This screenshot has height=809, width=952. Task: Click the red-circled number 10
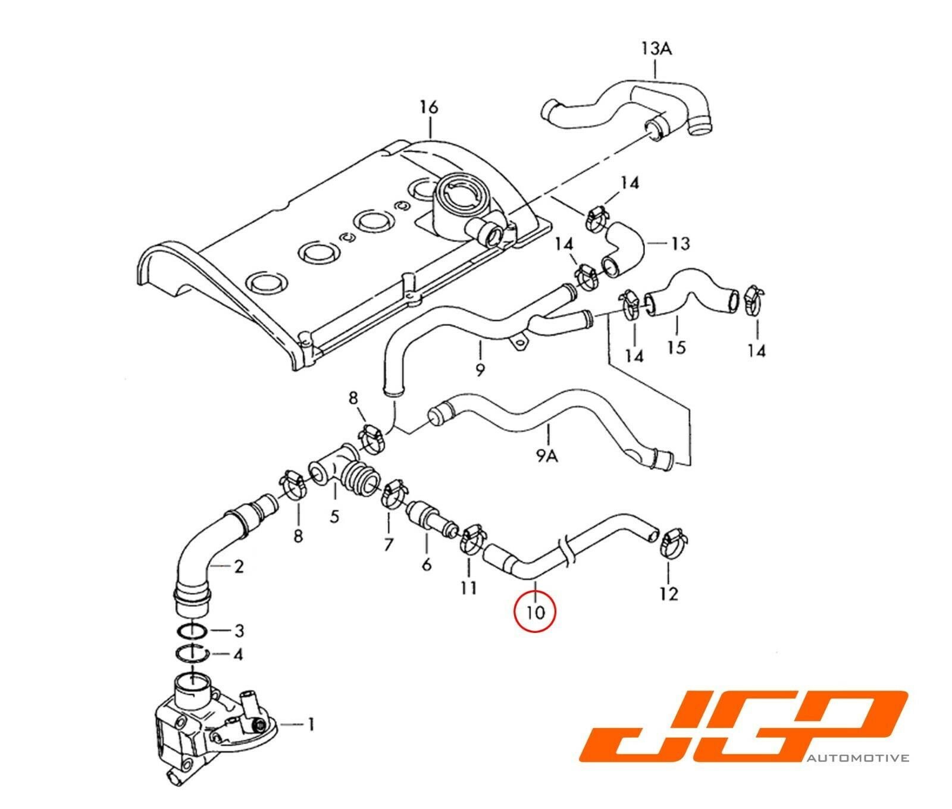tap(535, 610)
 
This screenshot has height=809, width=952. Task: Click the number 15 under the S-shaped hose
tap(677, 347)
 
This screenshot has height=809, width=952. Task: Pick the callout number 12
tap(669, 593)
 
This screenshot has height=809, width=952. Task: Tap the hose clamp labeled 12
tap(671, 543)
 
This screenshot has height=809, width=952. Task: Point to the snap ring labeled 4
tap(192, 656)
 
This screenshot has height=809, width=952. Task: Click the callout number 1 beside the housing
tap(310, 724)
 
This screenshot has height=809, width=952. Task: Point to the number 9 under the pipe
tap(480, 369)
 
